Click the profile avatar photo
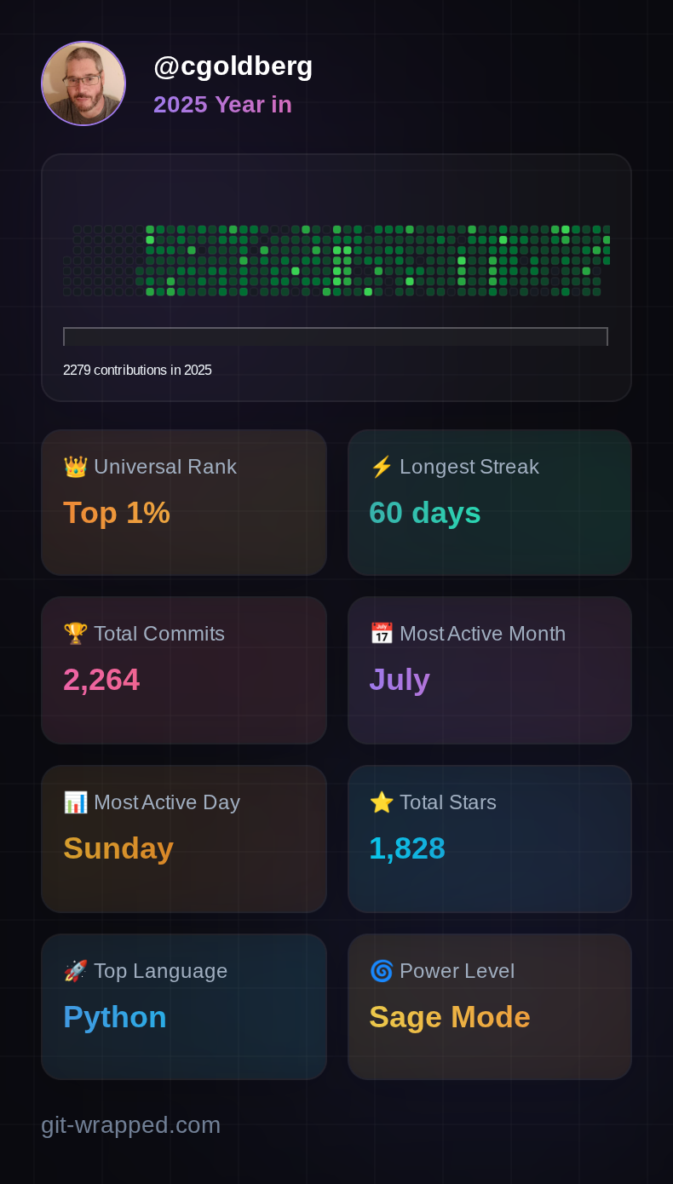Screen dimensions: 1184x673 (x=83, y=83)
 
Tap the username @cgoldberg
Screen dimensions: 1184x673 (x=233, y=66)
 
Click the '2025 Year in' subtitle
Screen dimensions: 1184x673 (x=222, y=104)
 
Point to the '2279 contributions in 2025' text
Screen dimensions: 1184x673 (x=137, y=371)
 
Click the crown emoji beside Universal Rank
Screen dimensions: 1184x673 (x=75, y=467)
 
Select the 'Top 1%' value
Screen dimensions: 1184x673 (x=117, y=513)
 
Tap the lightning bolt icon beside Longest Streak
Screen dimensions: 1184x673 (x=381, y=467)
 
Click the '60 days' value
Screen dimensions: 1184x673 (x=424, y=513)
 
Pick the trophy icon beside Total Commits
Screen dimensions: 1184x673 (x=75, y=634)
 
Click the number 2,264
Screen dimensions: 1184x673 (x=101, y=680)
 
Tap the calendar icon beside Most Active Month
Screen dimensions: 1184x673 (x=381, y=634)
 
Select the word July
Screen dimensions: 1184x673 (x=400, y=680)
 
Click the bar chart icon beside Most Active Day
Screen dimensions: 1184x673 (x=75, y=802)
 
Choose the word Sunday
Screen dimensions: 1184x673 (x=118, y=848)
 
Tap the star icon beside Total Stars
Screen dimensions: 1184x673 (x=381, y=802)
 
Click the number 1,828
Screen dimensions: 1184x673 (x=407, y=848)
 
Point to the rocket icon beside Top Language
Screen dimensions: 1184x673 (x=75, y=971)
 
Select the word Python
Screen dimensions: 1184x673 (x=115, y=1017)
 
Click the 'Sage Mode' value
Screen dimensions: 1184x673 (x=450, y=1017)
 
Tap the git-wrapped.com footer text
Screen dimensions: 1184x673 (x=131, y=1125)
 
